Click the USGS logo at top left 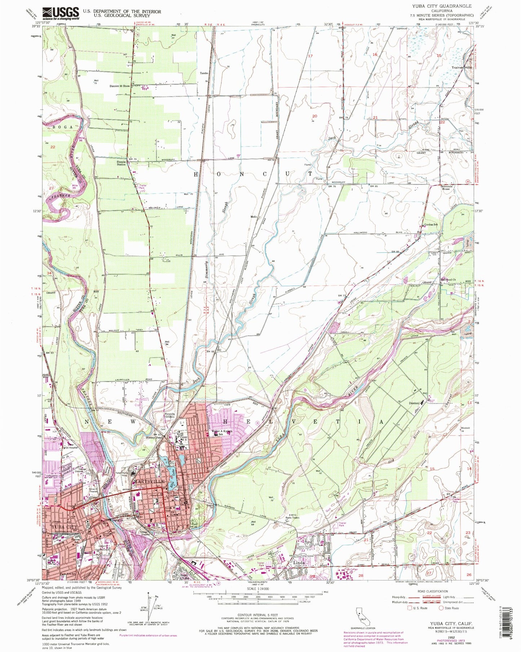60,13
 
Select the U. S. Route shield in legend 409,608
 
